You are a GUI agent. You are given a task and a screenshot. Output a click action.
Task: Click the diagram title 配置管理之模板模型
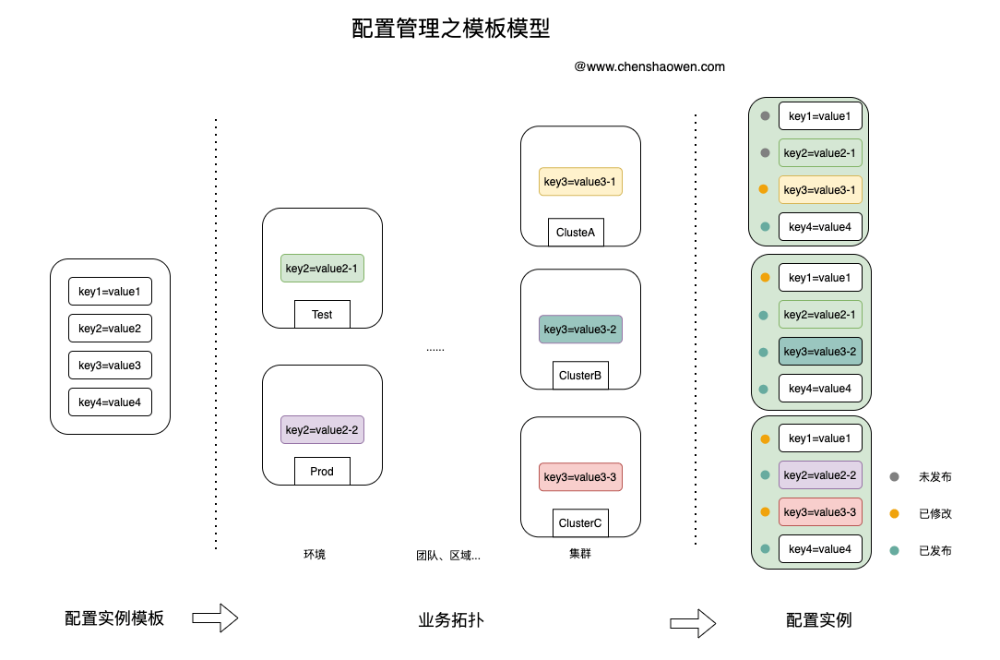(x=450, y=29)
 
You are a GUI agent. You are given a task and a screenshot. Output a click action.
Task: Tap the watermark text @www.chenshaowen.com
(x=649, y=66)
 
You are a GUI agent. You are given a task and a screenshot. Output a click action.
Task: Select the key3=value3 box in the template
(x=111, y=366)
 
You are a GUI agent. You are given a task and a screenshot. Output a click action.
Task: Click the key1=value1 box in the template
(x=111, y=292)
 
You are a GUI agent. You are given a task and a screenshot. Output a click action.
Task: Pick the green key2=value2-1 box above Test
(x=322, y=268)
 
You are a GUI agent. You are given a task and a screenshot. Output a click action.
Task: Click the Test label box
(x=322, y=314)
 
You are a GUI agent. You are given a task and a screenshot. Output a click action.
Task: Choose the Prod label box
(x=322, y=471)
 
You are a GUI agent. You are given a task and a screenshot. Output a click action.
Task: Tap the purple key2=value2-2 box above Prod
(x=322, y=429)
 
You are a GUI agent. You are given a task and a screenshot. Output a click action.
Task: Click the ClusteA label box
(x=576, y=233)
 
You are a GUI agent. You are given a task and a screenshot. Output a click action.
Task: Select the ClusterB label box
(x=580, y=376)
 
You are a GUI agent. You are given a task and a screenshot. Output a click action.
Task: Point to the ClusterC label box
(x=580, y=522)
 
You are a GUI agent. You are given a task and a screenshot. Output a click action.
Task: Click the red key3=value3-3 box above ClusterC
(x=580, y=477)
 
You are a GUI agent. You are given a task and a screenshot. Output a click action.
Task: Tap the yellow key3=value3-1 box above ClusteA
(x=580, y=181)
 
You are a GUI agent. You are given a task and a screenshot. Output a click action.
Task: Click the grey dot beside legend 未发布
(x=894, y=477)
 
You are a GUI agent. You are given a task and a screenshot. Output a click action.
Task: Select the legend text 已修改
(x=935, y=514)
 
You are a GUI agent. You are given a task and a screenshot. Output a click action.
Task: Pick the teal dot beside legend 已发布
(x=894, y=550)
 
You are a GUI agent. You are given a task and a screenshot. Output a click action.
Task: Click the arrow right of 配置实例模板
(x=215, y=618)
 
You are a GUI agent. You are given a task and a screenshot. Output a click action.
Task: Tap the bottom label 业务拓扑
(x=451, y=619)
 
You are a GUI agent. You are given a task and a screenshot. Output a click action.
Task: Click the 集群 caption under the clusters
(x=580, y=554)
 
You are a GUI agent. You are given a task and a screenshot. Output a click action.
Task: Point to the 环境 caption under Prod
(x=315, y=554)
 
